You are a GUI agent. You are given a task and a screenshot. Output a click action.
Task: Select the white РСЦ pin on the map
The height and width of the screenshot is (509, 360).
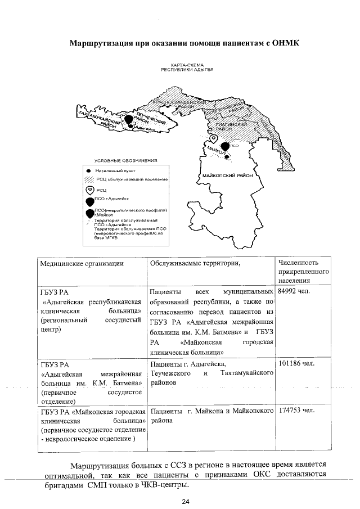point(213,138)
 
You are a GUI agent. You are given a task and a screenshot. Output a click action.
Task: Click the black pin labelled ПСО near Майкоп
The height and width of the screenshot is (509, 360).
point(226,147)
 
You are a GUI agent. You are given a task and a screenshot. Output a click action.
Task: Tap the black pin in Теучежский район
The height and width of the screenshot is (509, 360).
point(129,119)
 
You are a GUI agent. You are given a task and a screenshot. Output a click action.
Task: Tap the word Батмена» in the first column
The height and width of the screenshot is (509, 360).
point(127,384)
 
